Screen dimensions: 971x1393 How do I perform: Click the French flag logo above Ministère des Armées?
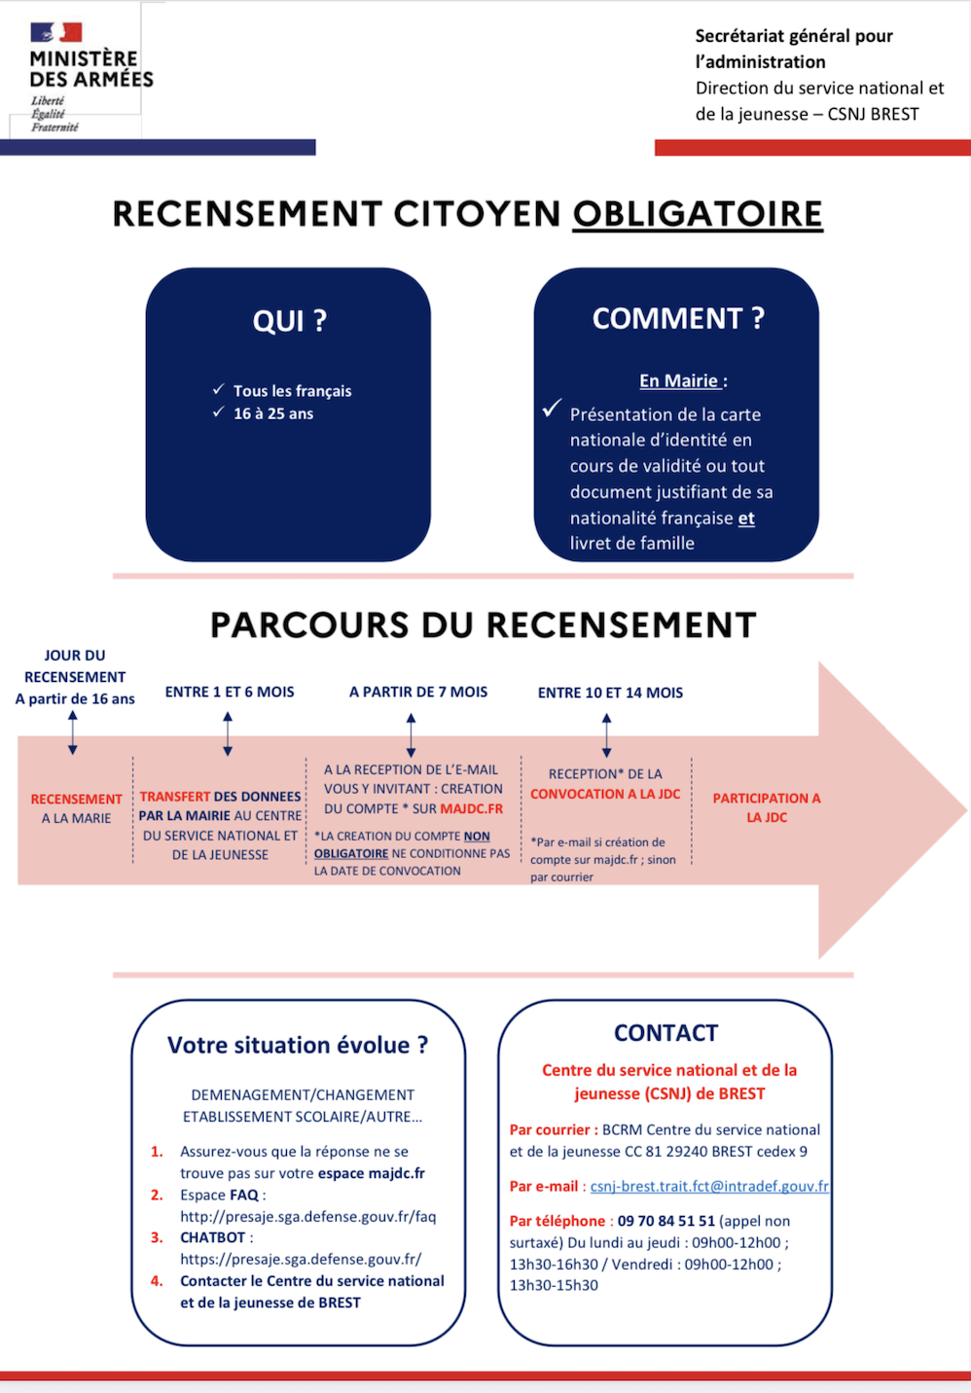pos(56,32)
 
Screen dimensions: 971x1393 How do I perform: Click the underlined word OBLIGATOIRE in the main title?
pos(698,214)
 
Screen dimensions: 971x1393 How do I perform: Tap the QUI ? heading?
pos(289,321)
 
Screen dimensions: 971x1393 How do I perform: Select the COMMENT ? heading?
pos(678,318)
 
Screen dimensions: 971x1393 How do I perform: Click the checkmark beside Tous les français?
pos(218,389)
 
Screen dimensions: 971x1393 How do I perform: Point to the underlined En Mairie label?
pos(680,380)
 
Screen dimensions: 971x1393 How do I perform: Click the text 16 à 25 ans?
pos(273,413)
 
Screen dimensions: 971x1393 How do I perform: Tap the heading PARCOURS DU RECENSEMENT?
pos(484,625)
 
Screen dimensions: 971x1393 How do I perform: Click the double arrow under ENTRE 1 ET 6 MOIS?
pos(228,733)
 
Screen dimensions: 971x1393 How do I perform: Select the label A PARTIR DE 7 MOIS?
pos(418,692)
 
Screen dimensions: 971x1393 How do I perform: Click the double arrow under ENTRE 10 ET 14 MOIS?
pos(606,735)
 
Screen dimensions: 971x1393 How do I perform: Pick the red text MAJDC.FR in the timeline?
pos(472,808)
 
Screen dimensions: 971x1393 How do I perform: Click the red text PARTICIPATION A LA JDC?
pos(767,807)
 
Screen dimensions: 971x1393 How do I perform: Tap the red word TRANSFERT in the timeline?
pos(175,796)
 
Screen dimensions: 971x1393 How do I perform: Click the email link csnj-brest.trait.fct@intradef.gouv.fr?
pos(709,1186)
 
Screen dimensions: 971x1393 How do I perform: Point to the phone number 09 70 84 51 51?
pos(666,1221)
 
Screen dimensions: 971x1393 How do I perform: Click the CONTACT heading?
pos(665,1033)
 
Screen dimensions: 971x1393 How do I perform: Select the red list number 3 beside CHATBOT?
pos(157,1237)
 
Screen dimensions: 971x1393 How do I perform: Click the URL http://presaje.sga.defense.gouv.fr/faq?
pos(307,1216)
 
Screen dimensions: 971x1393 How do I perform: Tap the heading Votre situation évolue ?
pos(298,1045)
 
